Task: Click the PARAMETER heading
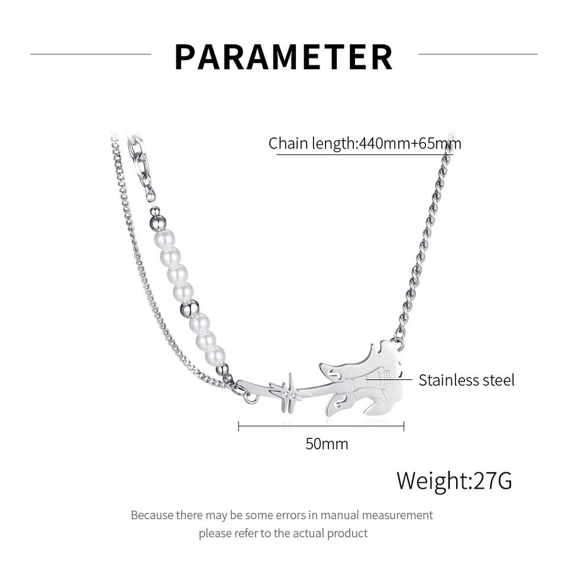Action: pyautogui.click(x=284, y=57)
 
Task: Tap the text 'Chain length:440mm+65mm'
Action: pyautogui.click(x=364, y=144)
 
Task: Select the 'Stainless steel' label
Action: pyautogui.click(x=466, y=380)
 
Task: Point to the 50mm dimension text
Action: pyautogui.click(x=327, y=444)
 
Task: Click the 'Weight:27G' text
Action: pyautogui.click(x=454, y=480)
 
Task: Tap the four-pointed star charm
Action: pyautogui.click(x=289, y=391)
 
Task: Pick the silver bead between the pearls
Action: pyautogui.click(x=191, y=308)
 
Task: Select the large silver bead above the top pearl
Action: pyautogui.click(x=157, y=223)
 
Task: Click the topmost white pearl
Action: pyautogui.click(x=164, y=239)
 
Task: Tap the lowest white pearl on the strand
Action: pyautogui.click(x=215, y=356)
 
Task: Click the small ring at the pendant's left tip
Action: pyautogui.click(x=251, y=398)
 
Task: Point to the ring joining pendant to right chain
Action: pyautogui.click(x=401, y=343)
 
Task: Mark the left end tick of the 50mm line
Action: pyautogui.click(x=238, y=426)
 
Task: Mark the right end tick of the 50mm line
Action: pyautogui.click(x=404, y=426)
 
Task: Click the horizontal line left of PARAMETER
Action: pyautogui.click(x=91, y=54)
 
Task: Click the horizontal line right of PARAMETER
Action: pyautogui.click(x=477, y=54)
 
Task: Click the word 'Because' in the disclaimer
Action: pyautogui.click(x=151, y=515)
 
